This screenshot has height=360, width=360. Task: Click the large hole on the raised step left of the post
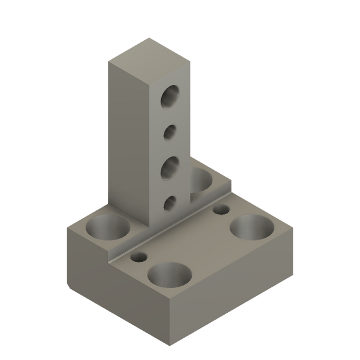[107, 228]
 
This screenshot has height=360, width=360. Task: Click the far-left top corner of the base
[66, 227]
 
